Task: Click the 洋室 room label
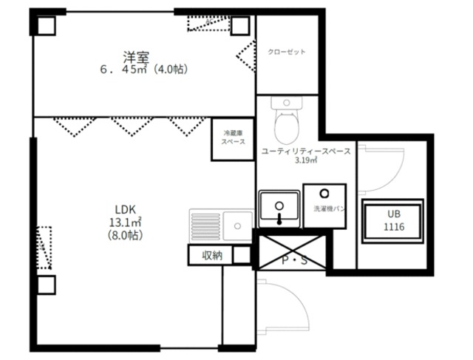136,58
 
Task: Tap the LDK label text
125,209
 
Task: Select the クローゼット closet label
287,52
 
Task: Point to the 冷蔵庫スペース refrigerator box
233,139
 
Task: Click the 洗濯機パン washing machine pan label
330,208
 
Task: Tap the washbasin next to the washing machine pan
279,208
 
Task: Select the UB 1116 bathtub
392,221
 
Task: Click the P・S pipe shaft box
292,252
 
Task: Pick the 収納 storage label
212,256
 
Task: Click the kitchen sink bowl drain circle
238,225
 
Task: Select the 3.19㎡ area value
306,160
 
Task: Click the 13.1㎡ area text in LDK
125,223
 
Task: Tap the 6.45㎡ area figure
124,69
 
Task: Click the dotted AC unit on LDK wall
44,248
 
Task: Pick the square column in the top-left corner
46,26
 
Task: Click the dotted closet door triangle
245,56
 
